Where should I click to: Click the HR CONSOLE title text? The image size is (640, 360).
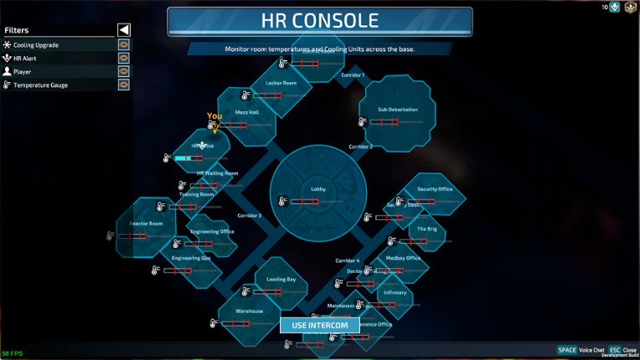(x=321, y=21)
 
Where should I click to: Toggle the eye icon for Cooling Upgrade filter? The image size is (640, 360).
(x=123, y=45)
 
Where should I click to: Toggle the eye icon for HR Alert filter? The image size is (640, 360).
(x=123, y=59)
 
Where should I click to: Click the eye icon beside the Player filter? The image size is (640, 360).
(x=123, y=72)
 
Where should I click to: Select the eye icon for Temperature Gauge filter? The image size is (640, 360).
(x=123, y=85)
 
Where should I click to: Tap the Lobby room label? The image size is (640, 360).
(x=318, y=189)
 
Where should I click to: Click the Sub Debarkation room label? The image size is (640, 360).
(x=397, y=110)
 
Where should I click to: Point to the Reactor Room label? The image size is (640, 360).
(x=146, y=224)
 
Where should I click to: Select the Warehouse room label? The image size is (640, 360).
(x=249, y=311)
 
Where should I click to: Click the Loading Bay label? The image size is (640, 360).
(x=281, y=279)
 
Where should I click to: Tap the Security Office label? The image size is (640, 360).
(x=435, y=189)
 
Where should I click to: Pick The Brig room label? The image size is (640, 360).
(x=427, y=229)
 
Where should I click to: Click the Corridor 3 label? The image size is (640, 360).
(x=249, y=215)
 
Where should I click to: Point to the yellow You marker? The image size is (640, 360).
(x=214, y=117)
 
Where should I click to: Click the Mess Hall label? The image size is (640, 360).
(x=247, y=112)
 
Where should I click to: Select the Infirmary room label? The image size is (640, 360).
(x=395, y=292)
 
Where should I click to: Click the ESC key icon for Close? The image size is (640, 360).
(x=614, y=350)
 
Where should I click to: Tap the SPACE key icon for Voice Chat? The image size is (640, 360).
(x=567, y=350)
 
